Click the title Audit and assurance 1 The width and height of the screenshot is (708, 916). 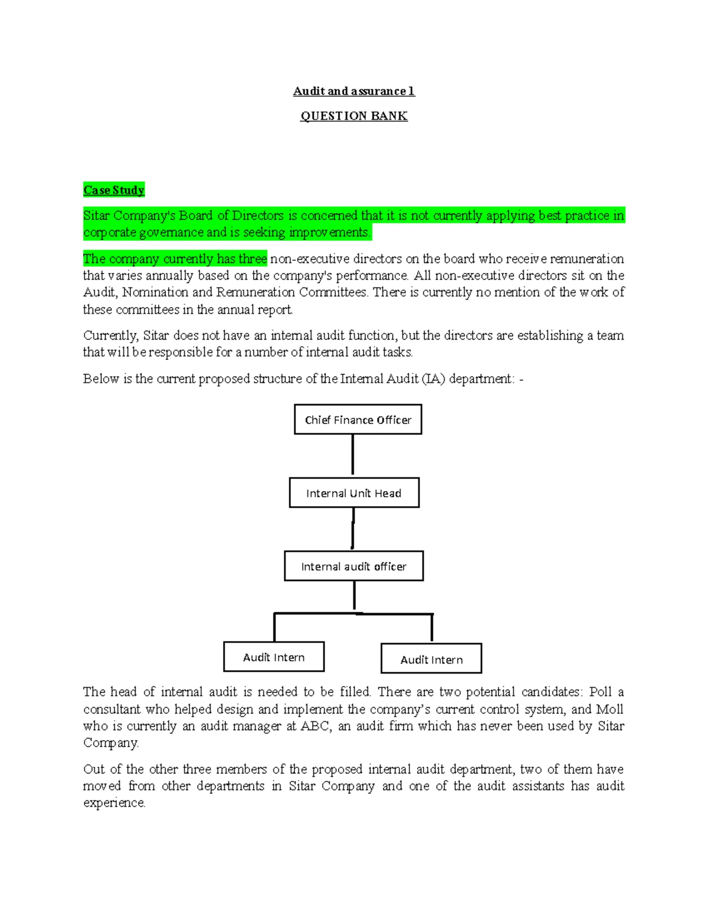pos(353,91)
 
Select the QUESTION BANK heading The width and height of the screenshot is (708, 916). pos(353,116)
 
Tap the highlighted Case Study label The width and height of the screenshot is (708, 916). pos(114,190)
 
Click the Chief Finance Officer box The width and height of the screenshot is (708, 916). pos(358,419)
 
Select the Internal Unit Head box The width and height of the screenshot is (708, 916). pos(354,493)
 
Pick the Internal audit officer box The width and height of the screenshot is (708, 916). pos(353,566)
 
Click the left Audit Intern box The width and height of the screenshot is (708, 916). pos(274,657)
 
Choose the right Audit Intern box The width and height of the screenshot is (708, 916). pos(431,659)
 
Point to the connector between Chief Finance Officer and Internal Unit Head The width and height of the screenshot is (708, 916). pos(353,455)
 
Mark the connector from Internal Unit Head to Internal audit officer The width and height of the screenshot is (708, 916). pos(353,528)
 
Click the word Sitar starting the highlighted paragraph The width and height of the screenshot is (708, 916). pos(96,216)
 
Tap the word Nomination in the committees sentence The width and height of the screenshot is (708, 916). pos(155,292)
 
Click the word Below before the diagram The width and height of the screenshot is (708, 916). pos(101,379)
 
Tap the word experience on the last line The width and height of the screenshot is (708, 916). pos(114,803)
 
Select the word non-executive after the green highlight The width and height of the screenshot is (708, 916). pos(307,259)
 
